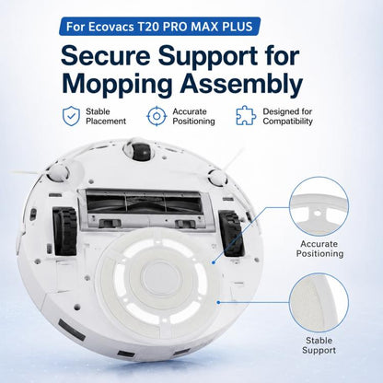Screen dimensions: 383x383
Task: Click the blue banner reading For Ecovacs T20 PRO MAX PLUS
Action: pos(159,27)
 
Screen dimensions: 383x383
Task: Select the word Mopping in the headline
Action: pos(118,84)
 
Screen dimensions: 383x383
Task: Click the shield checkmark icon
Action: pos(72,116)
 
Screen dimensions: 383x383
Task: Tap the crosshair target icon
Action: pos(157,116)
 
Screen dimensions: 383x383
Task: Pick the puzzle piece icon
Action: pos(246,116)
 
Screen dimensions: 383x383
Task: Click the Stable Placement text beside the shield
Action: pos(106,116)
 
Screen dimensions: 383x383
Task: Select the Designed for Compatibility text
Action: pos(287,116)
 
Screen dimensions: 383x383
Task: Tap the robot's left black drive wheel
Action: pos(65,231)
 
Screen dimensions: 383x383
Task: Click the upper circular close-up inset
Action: pos(319,206)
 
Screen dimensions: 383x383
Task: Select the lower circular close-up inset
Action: pos(319,303)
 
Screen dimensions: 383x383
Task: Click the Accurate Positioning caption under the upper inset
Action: pos(319,249)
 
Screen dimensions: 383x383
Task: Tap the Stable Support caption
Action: pos(319,345)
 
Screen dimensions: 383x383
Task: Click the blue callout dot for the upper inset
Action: pos(214,262)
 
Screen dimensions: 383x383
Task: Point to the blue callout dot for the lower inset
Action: pos(218,303)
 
